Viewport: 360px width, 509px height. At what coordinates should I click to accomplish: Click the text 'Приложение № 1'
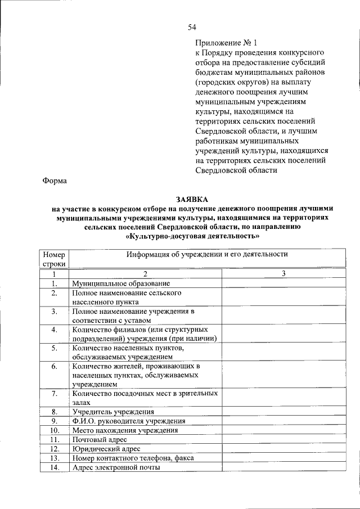(x=225, y=43)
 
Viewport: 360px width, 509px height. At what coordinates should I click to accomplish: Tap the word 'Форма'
(x=55, y=181)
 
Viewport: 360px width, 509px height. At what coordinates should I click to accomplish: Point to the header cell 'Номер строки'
(x=55, y=259)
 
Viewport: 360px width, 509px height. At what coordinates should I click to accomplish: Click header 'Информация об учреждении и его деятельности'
(x=206, y=254)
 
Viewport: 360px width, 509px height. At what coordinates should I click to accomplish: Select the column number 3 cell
(x=283, y=273)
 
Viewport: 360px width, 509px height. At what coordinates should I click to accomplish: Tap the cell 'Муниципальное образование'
(x=120, y=283)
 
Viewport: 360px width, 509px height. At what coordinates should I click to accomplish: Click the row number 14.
(x=55, y=467)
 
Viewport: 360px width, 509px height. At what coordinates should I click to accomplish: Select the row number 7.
(x=55, y=394)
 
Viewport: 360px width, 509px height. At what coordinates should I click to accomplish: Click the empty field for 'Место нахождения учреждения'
(x=283, y=430)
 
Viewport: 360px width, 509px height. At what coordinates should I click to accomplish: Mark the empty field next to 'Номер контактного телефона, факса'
(x=283, y=458)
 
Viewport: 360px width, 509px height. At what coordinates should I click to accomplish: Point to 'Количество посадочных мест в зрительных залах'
(x=145, y=398)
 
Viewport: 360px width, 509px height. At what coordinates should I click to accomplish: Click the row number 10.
(x=55, y=430)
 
